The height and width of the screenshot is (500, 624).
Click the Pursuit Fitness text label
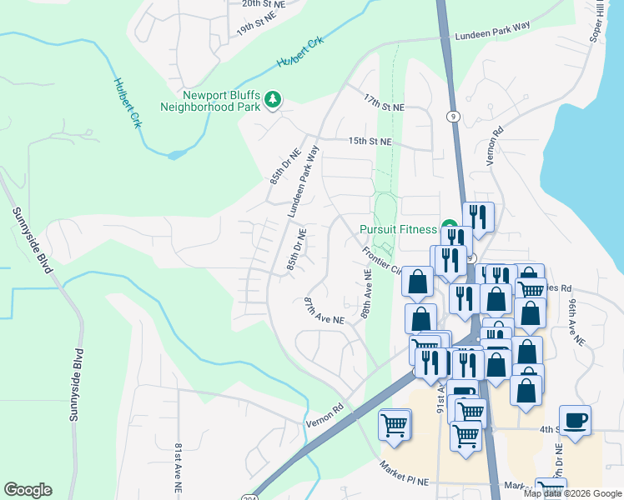398,229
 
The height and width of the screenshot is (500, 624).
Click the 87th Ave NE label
324,310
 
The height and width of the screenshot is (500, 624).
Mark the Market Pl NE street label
405,476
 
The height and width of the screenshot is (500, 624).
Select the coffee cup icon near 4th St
575,420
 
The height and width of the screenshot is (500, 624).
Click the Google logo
28,490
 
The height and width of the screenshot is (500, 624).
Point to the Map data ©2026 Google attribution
571,493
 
